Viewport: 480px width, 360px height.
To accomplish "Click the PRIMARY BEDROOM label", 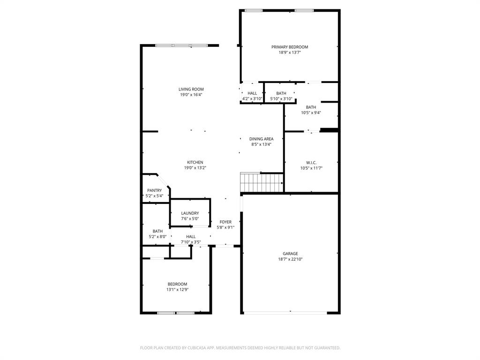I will coord(290,47).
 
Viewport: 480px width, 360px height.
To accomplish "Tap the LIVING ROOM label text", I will coord(191,89).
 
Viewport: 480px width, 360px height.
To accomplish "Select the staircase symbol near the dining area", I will coord(262,182).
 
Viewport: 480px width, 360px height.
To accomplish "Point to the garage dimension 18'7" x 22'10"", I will coord(290,259).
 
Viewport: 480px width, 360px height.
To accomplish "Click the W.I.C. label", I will coord(311,163).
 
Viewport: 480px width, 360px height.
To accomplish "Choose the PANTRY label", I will coord(154,190).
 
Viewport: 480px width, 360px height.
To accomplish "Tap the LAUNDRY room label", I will coord(190,213).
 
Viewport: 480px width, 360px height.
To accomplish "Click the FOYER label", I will coord(225,222).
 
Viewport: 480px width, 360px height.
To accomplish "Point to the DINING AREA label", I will coord(261,139).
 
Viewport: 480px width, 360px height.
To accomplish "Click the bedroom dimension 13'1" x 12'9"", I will coord(177,290).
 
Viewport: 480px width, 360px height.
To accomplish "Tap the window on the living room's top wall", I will coord(181,45).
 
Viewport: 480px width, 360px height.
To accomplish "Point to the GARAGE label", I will coord(290,254).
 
